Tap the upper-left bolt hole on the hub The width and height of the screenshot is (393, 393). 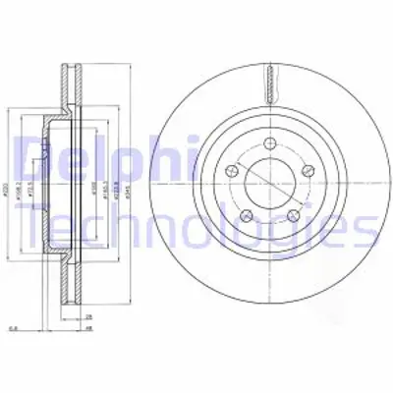(232, 171)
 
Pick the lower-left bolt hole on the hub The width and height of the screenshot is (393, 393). (246, 211)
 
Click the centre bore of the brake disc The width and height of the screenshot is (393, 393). (267, 183)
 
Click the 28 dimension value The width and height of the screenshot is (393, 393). (88, 318)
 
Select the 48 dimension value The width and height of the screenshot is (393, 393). (88, 329)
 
